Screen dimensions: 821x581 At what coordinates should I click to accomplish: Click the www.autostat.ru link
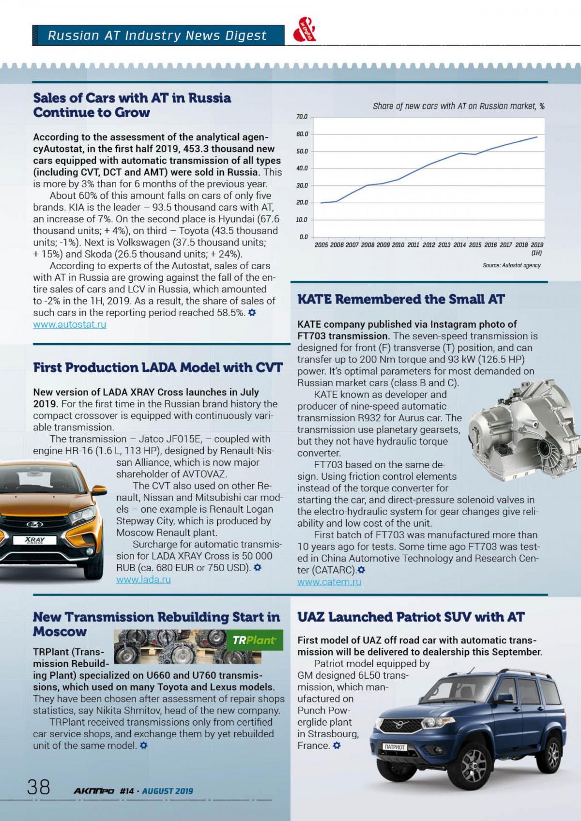70,325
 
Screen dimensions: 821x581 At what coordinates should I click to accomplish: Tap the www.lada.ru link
143,579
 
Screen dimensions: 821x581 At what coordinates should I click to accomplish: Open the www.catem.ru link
329,582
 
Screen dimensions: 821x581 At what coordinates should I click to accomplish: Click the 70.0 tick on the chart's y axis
302,117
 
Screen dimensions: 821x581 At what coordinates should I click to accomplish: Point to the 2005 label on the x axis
321,245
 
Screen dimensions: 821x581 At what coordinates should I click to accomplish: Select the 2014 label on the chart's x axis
460,245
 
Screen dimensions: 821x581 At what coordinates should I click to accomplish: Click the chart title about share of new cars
459,106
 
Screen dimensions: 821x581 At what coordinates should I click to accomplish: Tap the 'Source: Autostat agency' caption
511,265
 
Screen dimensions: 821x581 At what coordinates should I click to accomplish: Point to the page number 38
39,787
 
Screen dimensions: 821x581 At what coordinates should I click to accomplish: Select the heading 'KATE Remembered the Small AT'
401,300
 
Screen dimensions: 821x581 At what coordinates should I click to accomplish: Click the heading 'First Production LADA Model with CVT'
158,368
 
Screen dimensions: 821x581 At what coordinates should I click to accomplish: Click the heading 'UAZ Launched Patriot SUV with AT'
411,617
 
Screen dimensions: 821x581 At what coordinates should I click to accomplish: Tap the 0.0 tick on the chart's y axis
304,237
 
